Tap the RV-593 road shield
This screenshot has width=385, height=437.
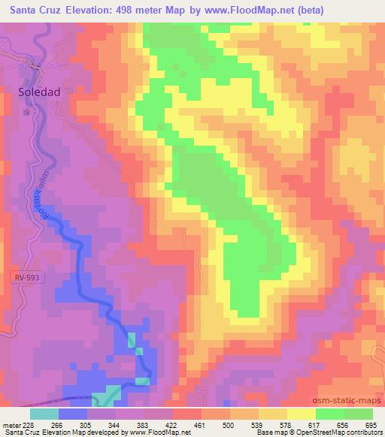click(26, 277)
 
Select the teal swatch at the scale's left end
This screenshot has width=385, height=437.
click(44, 413)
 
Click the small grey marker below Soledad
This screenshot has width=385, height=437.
click(27, 113)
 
